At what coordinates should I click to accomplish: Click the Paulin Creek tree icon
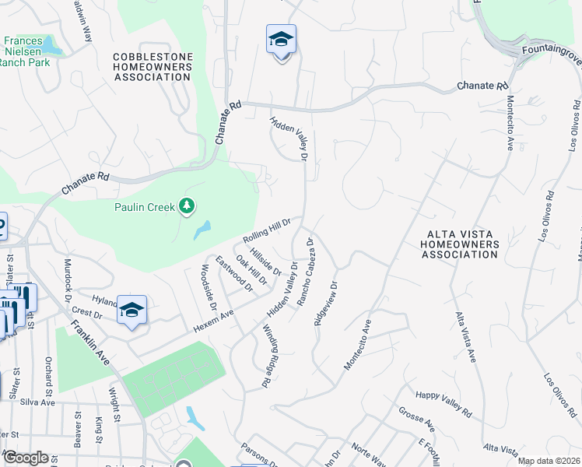(x=186, y=206)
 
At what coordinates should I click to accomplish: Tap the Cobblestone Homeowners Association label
(x=152, y=67)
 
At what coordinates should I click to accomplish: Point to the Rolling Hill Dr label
(x=266, y=230)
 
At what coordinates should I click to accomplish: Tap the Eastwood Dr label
(x=234, y=275)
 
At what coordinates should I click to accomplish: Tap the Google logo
(x=26, y=458)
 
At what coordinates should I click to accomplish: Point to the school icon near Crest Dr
(x=132, y=311)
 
